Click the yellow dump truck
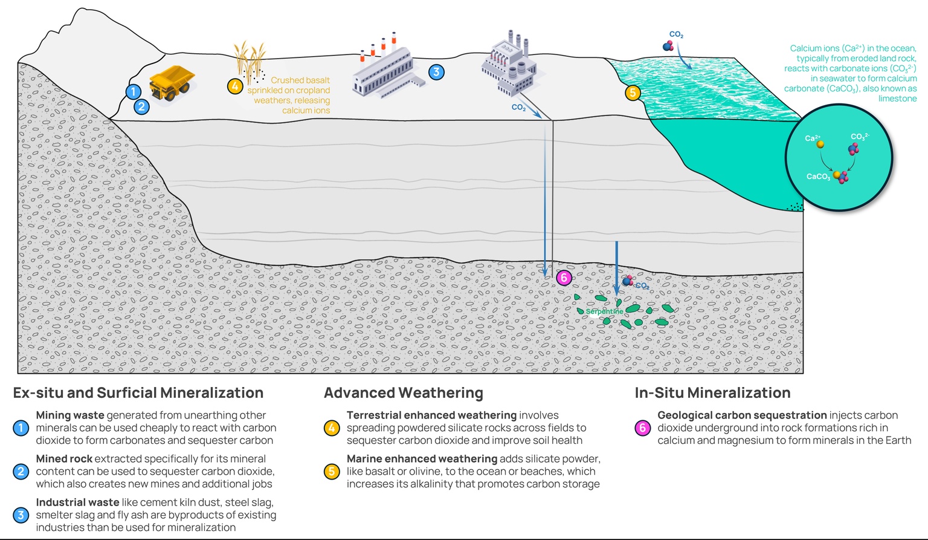click(x=172, y=83)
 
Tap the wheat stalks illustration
click(x=250, y=60)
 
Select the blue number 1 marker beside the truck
click(x=134, y=91)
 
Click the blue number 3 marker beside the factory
click(x=436, y=72)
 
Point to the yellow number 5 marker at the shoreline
click(x=633, y=93)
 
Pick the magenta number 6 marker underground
click(x=564, y=278)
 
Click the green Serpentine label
click(x=604, y=311)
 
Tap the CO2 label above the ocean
click(x=676, y=35)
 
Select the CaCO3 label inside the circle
click(x=818, y=177)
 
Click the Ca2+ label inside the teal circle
click(x=813, y=138)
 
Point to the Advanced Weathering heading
click(x=403, y=393)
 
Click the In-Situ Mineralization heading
click(x=712, y=393)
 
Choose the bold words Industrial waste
click(x=77, y=503)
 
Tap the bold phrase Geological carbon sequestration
click(x=742, y=415)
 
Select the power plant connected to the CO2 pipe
click(x=509, y=65)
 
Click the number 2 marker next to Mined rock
click(x=21, y=472)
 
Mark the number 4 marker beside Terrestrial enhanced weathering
click(x=332, y=428)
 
